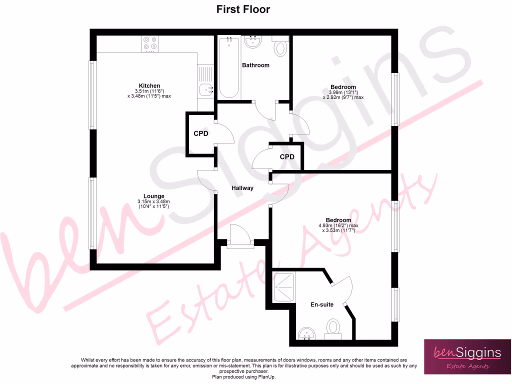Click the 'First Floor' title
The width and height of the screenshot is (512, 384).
[x=243, y=9]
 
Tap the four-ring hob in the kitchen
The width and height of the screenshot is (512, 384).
[x=150, y=44]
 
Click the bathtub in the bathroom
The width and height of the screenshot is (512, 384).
[x=229, y=67]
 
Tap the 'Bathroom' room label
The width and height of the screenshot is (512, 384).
[x=255, y=65]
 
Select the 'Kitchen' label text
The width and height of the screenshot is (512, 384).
[x=149, y=85]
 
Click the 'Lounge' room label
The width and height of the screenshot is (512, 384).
[x=153, y=196]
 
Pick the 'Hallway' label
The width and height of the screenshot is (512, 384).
[x=242, y=188]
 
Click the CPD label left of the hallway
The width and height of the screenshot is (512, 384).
[x=201, y=133]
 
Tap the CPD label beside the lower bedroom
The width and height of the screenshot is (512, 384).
[x=287, y=157]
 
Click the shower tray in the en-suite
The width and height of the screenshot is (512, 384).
[x=284, y=286]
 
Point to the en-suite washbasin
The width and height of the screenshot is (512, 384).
[x=305, y=333]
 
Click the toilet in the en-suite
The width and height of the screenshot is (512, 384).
[x=332, y=328]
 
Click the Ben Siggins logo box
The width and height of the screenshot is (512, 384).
[x=467, y=356]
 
